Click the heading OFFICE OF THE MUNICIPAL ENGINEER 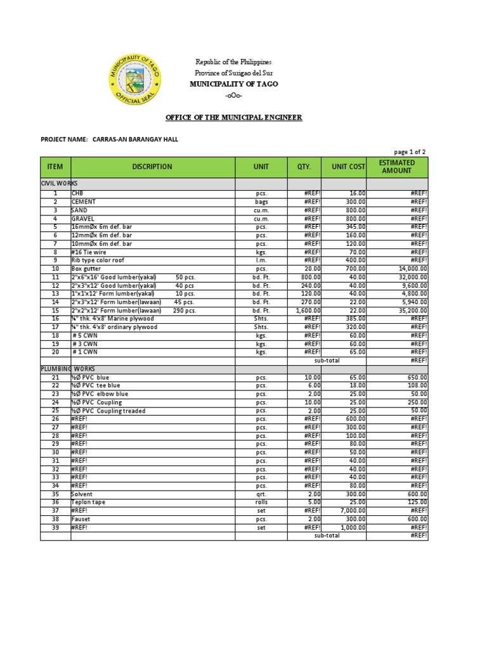click(233, 117)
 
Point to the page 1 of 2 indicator click(410, 151)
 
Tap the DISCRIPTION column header click(152, 167)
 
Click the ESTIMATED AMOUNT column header click(397, 167)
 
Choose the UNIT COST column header click(344, 167)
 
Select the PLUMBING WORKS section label click(64, 368)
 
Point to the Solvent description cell click(82, 494)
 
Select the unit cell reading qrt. click(261, 494)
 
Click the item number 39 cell click(55, 527)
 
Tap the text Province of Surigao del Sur click(233, 73)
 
